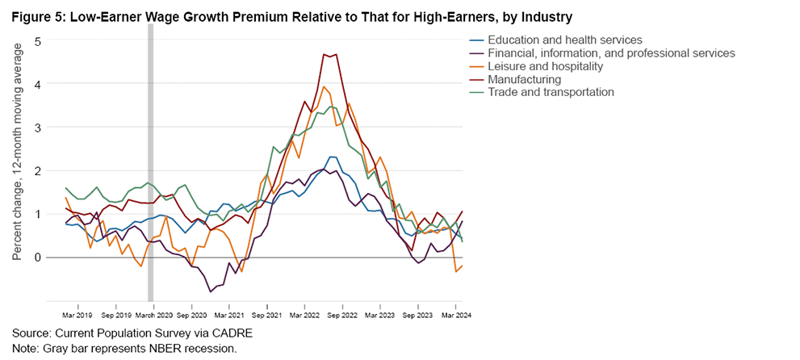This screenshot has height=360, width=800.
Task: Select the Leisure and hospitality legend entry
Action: (541, 66)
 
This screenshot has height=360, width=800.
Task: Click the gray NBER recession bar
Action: (150, 161)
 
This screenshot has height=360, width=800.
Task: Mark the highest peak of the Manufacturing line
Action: (325, 54)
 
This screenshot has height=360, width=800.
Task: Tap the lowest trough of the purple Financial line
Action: (211, 291)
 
